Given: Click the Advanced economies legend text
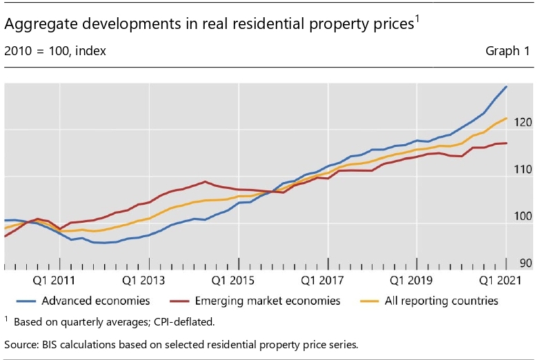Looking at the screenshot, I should click(x=96, y=301).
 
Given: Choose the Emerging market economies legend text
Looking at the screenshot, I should click(x=268, y=301).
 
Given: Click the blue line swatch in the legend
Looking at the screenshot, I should click(x=26, y=301).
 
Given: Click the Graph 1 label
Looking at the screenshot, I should click(x=508, y=51).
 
